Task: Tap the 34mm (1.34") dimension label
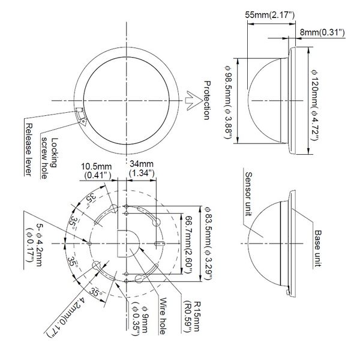[x=142, y=168]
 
